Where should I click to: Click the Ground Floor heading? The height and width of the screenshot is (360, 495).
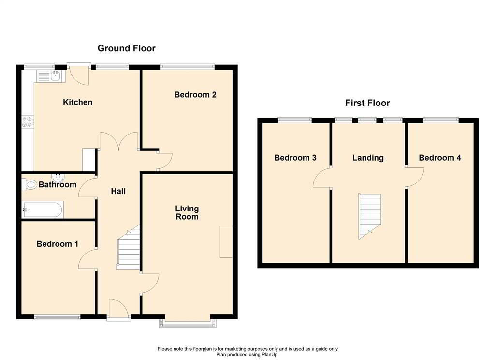126,48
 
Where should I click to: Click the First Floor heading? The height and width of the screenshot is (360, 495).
367,103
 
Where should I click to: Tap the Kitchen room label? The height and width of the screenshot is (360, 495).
77,102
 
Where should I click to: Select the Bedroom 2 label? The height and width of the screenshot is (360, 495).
195,95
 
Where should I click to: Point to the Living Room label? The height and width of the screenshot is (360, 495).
187,212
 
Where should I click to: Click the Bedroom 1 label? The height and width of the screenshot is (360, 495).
57,244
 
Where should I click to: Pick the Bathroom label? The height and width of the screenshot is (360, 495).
58,184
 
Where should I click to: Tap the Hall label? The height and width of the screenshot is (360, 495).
118,191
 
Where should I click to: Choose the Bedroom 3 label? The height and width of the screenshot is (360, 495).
295,158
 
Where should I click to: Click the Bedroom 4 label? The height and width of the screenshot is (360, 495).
440,158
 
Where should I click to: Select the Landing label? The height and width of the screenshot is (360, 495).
368,158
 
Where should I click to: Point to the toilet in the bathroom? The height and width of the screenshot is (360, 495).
30,184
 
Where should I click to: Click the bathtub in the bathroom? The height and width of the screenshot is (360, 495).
42,210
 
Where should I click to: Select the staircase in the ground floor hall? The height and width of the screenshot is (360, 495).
129,249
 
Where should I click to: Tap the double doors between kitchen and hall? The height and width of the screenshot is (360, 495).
119,142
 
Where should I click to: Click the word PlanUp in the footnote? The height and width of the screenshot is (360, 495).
270,354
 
